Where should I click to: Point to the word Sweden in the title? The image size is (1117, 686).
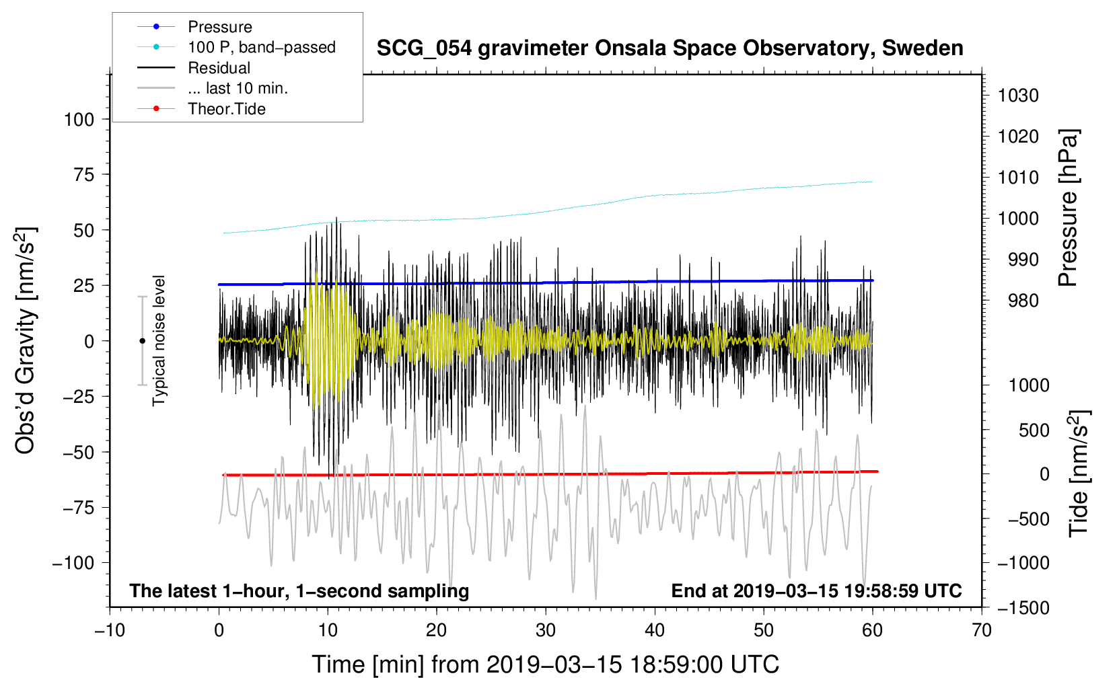923,48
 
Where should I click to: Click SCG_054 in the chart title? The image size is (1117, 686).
424,49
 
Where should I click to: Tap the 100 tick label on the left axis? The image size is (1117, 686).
79,120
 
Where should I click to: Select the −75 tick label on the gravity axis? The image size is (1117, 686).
78,508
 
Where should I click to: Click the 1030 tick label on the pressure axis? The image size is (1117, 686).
1018,96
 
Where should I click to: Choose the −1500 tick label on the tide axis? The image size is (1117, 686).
1023,608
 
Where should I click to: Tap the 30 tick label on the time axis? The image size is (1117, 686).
546,630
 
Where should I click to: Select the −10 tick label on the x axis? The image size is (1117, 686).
110,630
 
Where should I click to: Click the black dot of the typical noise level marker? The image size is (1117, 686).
142,341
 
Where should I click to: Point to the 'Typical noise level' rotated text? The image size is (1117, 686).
159,341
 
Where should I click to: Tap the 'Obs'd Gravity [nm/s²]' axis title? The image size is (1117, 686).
25,340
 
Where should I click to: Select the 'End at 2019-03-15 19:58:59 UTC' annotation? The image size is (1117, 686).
816,590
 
